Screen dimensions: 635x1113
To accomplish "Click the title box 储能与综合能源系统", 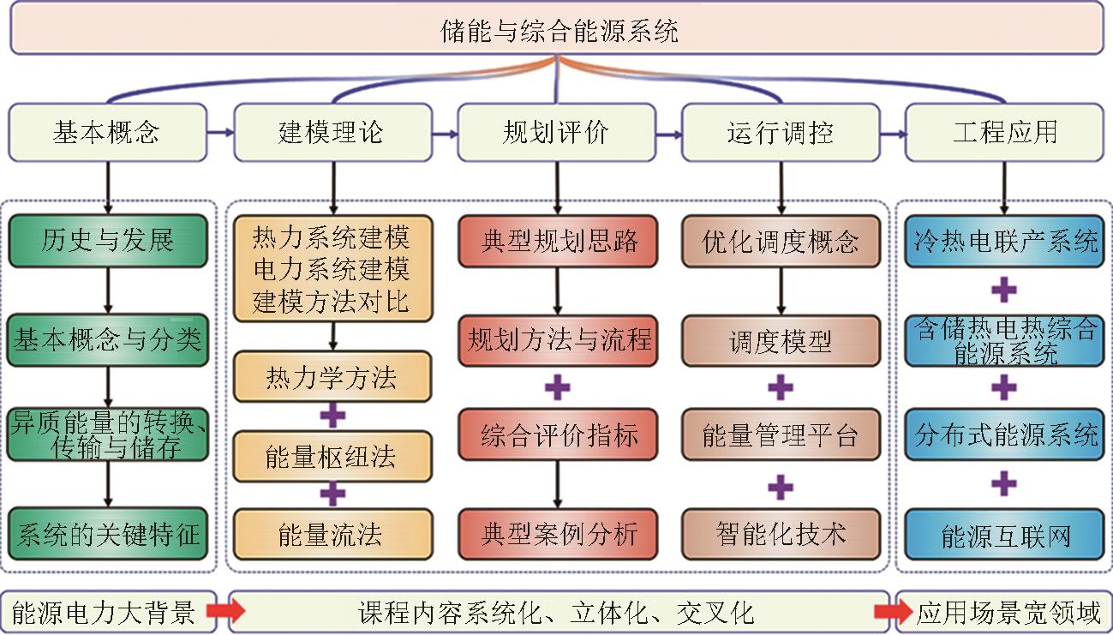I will [557, 30].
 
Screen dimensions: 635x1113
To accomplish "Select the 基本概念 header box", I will [107, 133].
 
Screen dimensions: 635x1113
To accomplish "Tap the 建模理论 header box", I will [332, 133].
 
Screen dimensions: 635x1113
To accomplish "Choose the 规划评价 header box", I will [556, 133].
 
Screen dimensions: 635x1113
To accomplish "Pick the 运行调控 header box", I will [781, 133].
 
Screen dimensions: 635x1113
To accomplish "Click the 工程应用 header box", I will [1005, 133].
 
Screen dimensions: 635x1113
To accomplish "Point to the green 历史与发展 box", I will [108, 241].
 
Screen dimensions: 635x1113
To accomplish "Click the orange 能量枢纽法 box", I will [332, 457].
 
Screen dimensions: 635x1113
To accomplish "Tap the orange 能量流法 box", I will [332, 536].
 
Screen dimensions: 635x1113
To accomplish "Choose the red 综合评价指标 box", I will [558, 435].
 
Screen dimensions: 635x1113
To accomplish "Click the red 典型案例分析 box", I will [558, 536].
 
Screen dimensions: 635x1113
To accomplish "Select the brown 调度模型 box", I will [781, 341].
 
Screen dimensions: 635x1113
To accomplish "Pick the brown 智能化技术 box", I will [781, 536].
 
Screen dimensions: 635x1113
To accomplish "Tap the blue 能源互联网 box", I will [1005, 536].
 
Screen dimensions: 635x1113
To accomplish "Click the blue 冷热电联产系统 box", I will [1005, 241].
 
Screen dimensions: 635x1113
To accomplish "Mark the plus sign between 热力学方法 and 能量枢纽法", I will [332, 417].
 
